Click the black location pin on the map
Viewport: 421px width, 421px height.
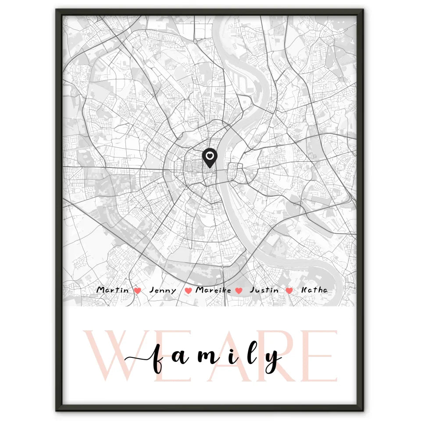tap(210, 157)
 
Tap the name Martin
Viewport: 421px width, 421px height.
tap(113, 290)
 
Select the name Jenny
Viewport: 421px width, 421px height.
tap(163, 290)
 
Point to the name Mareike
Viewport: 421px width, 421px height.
tap(213, 290)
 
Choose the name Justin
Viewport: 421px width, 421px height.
tap(264, 290)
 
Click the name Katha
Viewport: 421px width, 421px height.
tap(314, 290)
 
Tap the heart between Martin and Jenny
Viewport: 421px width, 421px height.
tap(137, 290)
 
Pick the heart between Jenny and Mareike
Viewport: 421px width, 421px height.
tap(189, 290)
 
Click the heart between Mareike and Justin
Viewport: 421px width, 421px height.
tap(239, 290)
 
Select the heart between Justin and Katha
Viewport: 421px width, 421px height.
tap(289, 290)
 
